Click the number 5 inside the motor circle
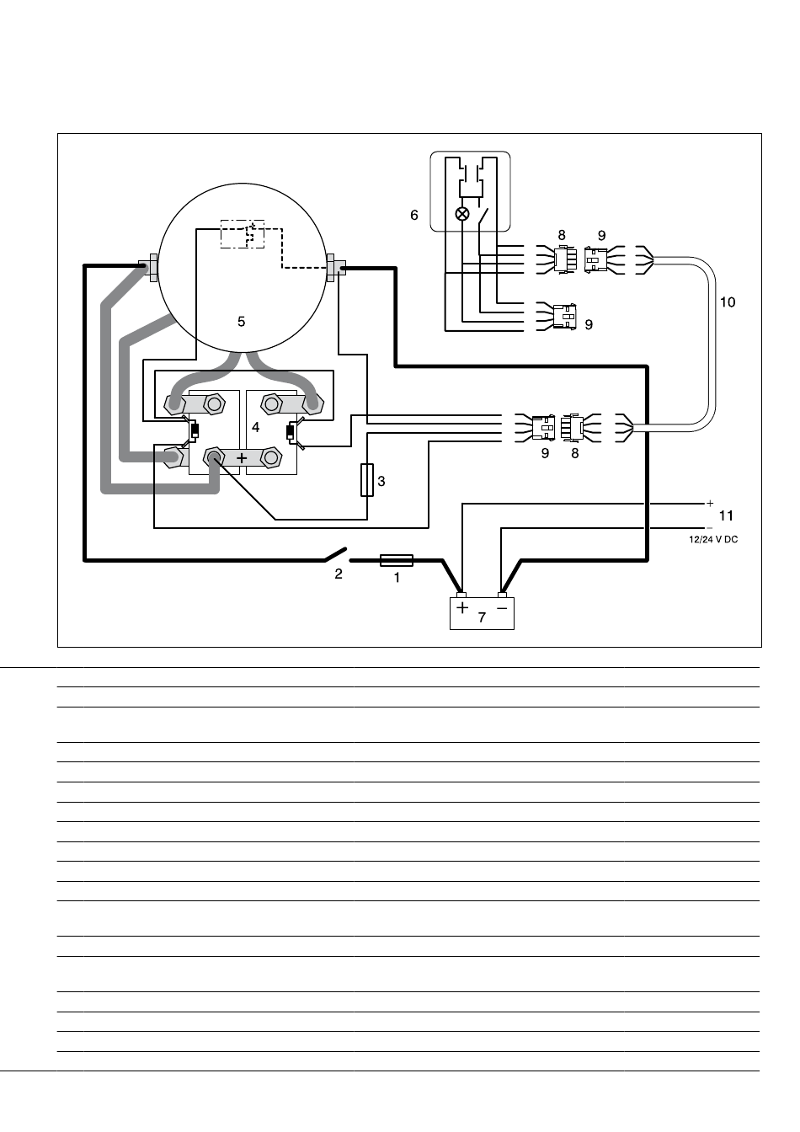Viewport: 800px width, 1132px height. pos(241,322)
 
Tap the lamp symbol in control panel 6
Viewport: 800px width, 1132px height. pos(462,214)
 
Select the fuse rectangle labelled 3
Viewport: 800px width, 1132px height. pos(367,480)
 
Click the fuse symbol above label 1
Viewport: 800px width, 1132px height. pos(396,560)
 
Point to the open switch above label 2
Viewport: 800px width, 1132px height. pos(335,554)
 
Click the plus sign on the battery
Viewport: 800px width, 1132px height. pos(462,608)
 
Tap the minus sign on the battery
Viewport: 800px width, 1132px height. pos(502,608)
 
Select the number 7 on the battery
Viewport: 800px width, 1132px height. pos(482,617)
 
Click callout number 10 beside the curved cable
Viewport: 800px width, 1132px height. pos(728,302)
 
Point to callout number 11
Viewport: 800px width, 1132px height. pos(726,515)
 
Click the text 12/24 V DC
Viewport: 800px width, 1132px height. pos(713,540)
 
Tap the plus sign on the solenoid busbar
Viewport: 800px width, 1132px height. pos(242,458)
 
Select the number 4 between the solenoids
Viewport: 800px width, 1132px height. pos(256,428)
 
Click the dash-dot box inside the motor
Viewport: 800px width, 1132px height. pos(243,234)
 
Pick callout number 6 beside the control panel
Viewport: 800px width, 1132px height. pos(414,216)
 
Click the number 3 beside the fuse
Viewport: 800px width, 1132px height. pos(381,481)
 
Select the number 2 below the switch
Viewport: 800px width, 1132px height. pos(339,574)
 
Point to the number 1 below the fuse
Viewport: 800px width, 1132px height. pos(397,578)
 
